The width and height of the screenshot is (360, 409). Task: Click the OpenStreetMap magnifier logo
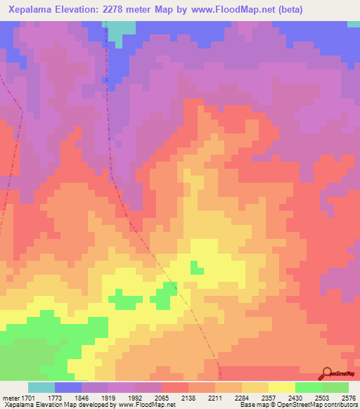pos(327,374)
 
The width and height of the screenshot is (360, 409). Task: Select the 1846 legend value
pos(95,398)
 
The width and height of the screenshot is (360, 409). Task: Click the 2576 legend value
pos(348,398)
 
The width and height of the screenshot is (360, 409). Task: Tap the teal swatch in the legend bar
pos(41,387)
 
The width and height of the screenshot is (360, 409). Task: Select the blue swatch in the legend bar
pos(68,387)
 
